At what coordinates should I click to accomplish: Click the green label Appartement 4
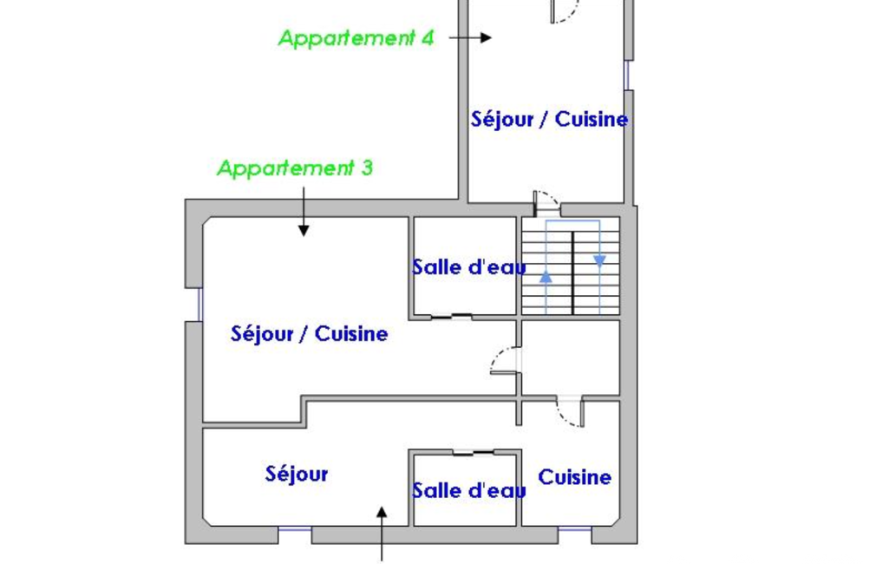356,38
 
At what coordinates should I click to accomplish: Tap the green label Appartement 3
296,168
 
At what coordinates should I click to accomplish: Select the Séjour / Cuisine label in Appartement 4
549,120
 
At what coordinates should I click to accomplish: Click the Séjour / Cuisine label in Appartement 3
309,334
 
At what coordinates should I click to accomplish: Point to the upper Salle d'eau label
469,267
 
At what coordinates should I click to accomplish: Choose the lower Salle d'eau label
469,490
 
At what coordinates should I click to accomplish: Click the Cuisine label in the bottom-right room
574,477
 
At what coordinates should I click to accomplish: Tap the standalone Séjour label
297,475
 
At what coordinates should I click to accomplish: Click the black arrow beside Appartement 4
470,38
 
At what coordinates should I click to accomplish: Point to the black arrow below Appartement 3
304,211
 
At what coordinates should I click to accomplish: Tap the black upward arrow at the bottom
382,534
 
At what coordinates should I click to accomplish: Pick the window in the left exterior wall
199,305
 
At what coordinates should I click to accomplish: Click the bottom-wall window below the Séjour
295,529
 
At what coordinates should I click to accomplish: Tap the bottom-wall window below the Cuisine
575,529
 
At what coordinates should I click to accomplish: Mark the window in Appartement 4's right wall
627,75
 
